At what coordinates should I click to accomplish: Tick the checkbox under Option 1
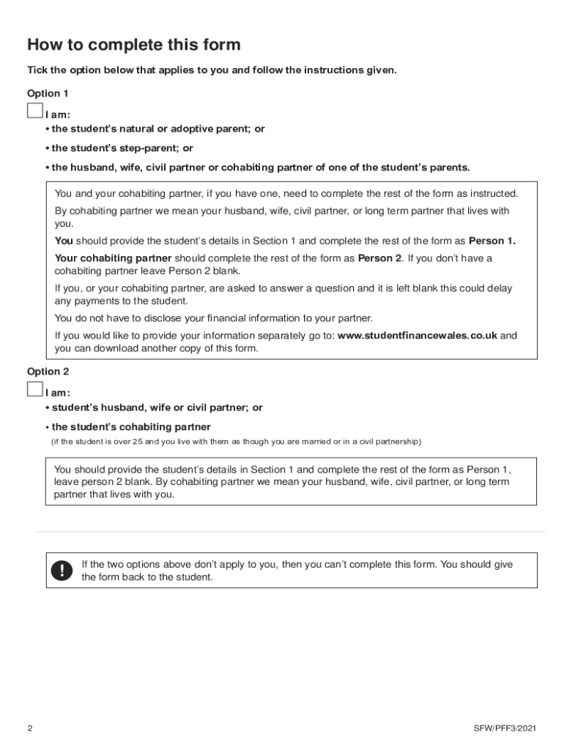click(x=35, y=110)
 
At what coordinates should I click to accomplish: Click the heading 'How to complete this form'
click(x=134, y=45)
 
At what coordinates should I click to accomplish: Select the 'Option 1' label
click(x=48, y=93)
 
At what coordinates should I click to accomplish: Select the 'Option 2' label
click(x=48, y=372)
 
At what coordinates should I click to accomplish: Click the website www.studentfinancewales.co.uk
click(x=417, y=336)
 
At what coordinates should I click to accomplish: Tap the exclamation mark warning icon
click(x=62, y=571)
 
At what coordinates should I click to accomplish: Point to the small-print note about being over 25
click(x=235, y=443)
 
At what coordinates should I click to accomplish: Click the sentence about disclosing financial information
click(x=213, y=318)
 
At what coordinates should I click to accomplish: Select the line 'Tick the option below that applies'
click(x=212, y=70)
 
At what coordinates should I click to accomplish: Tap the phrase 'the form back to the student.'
click(x=146, y=577)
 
